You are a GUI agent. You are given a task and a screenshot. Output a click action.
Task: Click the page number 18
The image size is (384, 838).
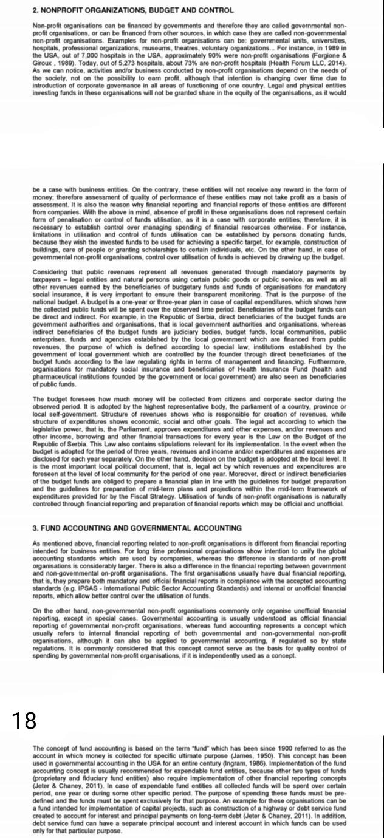(25, 720)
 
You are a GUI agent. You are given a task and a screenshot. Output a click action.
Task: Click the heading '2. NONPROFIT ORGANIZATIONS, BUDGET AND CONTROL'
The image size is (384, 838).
(125, 11)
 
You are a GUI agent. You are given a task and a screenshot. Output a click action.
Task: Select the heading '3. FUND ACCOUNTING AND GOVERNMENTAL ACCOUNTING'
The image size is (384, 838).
(137, 528)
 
